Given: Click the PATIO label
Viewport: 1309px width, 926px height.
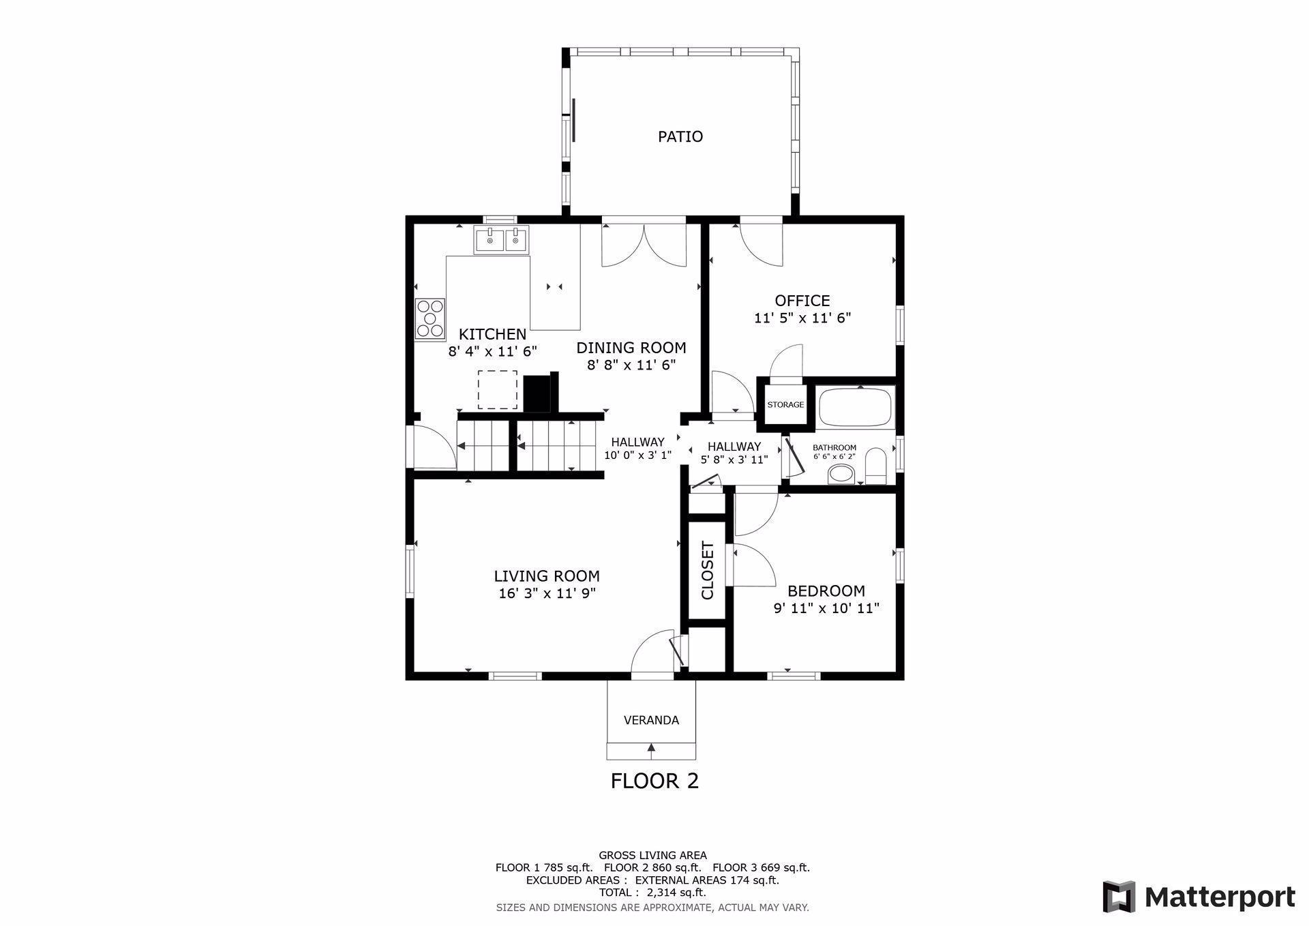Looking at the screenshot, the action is (680, 136).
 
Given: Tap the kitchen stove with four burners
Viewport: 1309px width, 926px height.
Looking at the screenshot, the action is (430, 318).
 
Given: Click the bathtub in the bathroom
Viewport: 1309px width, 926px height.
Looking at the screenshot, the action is (855, 406).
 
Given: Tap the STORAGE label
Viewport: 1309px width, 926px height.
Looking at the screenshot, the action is (785, 404).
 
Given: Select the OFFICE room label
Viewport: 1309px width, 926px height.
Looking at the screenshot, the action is (802, 301).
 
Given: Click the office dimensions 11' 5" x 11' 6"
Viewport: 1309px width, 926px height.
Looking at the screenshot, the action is (802, 318).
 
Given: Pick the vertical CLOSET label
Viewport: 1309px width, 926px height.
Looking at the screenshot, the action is (707, 570).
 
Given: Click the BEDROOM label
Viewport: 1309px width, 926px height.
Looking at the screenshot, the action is (826, 591).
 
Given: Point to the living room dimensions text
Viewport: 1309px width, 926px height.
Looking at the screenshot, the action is (547, 593).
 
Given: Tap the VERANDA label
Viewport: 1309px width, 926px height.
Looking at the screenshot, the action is (651, 720).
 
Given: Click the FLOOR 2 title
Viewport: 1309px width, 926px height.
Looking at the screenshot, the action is (654, 781).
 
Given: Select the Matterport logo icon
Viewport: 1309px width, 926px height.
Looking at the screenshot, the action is (1119, 897).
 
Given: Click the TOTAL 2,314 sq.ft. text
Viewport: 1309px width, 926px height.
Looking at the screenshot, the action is (652, 893).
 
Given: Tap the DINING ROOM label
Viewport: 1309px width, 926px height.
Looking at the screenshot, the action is (631, 348).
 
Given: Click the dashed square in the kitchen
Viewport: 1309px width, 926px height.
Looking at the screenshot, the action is (497, 390).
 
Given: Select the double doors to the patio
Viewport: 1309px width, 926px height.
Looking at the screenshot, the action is (644, 244).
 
